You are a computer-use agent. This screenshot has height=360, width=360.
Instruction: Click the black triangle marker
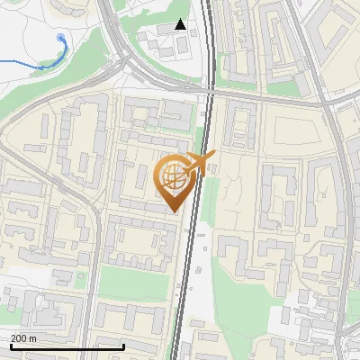(x=181, y=24)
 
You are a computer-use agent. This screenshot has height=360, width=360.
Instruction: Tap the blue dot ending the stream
(x=60, y=38)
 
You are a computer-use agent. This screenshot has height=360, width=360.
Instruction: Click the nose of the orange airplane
(x=213, y=157)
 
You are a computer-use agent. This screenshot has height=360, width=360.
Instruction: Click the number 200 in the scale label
(x=18, y=338)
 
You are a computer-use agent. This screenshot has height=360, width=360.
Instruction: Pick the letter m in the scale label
(x=32, y=338)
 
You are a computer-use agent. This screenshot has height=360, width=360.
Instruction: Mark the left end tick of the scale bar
(x=10, y=346)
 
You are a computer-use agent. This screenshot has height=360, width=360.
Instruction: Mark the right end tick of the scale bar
(x=122, y=346)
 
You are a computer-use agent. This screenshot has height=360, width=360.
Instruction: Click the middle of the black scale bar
(x=67, y=347)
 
